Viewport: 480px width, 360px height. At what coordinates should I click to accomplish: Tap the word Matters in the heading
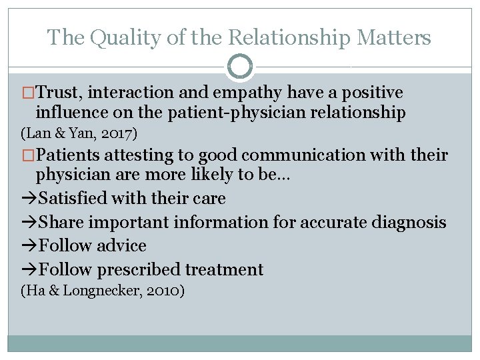pyautogui.click(x=394, y=37)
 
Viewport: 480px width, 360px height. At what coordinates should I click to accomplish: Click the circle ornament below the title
pyautogui.click(x=240, y=67)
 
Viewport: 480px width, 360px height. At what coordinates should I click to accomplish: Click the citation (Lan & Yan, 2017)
pyautogui.click(x=79, y=134)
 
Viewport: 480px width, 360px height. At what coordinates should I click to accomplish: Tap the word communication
pyautogui.click(x=303, y=155)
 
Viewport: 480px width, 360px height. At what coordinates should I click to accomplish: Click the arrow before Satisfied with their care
pyautogui.click(x=29, y=199)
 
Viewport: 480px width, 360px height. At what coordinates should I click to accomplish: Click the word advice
pyautogui.click(x=121, y=246)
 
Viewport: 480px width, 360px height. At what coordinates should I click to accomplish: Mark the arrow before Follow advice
pyautogui.click(x=29, y=246)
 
